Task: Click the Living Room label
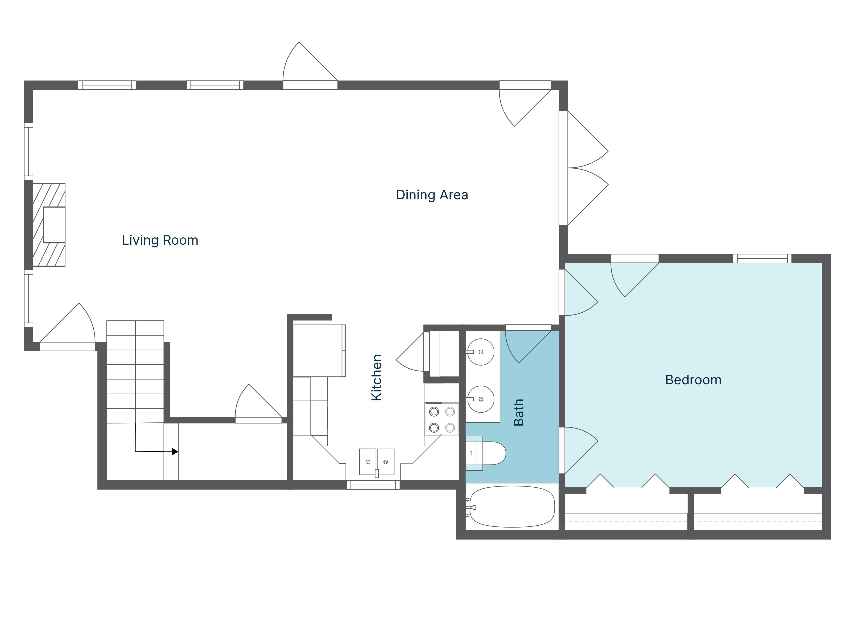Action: [160, 240]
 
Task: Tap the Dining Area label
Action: [432, 195]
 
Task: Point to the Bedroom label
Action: [693, 380]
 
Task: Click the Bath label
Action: [518, 412]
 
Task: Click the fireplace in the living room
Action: [49, 225]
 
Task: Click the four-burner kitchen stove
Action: [442, 420]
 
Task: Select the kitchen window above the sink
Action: [373, 485]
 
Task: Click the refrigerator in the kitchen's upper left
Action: [318, 350]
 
